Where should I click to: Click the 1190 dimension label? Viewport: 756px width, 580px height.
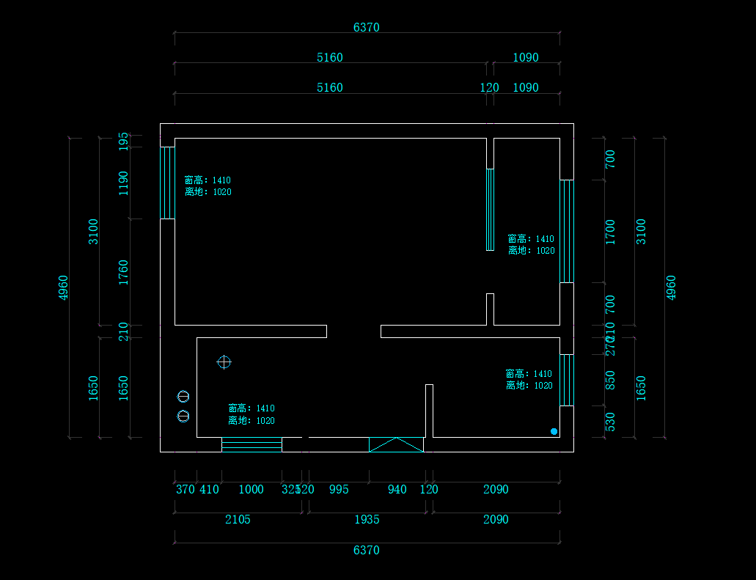point(123,183)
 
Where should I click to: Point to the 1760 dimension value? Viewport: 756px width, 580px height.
point(123,272)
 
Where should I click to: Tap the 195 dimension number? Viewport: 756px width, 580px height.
point(123,142)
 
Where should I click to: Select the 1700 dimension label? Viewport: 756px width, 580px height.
point(610,232)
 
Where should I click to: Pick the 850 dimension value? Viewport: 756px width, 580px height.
point(610,381)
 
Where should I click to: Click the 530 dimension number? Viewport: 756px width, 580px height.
point(610,422)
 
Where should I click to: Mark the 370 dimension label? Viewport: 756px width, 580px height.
point(186,489)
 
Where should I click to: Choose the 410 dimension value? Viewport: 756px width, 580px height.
point(209,489)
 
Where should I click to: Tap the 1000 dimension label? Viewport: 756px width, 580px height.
point(252,489)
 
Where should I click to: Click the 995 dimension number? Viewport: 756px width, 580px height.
point(338,489)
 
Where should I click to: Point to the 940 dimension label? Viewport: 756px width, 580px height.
point(397,489)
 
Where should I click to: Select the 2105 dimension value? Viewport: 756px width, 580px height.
point(238,519)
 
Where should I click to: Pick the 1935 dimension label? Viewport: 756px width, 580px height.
point(367,519)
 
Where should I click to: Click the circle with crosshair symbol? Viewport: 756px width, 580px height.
point(224,362)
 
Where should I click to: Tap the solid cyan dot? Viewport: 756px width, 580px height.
point(554,431)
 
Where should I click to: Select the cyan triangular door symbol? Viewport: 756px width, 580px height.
point(396,444)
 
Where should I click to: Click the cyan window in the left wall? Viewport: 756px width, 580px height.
point(168,183)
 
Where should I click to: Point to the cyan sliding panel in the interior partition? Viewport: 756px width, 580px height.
point(490,210)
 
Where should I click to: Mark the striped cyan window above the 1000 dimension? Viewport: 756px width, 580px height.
point(252,444)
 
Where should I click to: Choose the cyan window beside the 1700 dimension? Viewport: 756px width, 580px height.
point(567,231)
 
